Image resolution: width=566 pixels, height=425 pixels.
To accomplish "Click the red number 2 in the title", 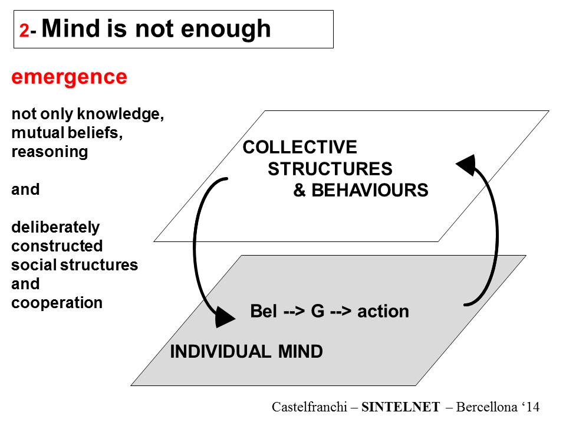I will pyautogui.click(x=24, y=31).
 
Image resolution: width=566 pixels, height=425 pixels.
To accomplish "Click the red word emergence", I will pyautogui.click(x=69, y=77).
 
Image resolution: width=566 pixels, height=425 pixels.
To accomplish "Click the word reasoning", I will pyautogui.click(x=50, y=152).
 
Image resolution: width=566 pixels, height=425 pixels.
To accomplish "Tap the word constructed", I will pyautogui.click(x=57, y=246).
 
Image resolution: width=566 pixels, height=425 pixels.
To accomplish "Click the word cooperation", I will pyautogui.click(x=57, y=303).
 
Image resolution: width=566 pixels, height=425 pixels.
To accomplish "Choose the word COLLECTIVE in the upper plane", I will pyautogui.click(x=300, y=147).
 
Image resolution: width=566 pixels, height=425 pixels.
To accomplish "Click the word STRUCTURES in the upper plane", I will pyautogui.click(x=330, y=169).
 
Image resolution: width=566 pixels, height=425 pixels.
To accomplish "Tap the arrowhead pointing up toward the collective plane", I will pyautogui.click(x=466, y=165).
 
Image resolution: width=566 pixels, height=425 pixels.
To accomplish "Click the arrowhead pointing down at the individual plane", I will pyautogui.click(x=224, y=318).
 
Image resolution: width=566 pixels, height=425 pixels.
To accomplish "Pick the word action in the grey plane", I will pyautogui.click(x=383, y=311).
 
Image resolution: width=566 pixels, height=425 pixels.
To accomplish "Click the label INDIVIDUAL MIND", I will pyautogui.click(x=246, y=352).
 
